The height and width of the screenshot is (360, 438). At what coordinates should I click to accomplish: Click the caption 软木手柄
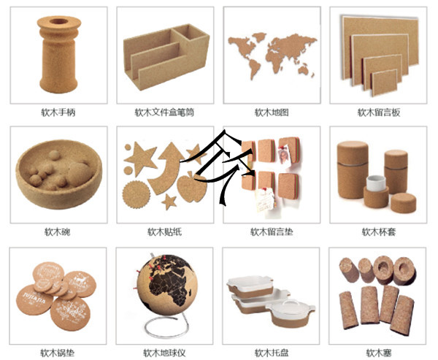pyautogui.click(x=58, y=112)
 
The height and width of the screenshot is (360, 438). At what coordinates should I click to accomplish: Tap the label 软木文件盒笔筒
pyautogui.click(x=164, y=112)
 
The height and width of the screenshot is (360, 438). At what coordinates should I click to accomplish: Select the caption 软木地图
pyautogui.click(x=272, y=112)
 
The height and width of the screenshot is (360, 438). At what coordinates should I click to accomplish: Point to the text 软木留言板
pyautogui.click(x=379, y=112)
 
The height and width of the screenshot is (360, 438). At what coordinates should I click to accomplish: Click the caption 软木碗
pyautogui.click(x=58, y=231)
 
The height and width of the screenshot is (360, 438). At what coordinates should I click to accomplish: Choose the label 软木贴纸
pyautogui.click(x=164, y=231)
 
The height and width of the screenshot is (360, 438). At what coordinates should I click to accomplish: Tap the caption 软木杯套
pyautogui.click(x=379, y=231)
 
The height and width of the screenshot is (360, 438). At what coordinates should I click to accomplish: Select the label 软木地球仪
pyautogui.click(x=164, y=353)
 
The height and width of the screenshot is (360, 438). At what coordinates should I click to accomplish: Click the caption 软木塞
pyautogui.click(x=379, y=353)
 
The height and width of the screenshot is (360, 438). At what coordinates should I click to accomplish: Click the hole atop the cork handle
pyautogui.click(x=58, y=21)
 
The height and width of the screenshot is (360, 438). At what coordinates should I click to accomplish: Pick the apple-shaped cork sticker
pyautogui.click(x=192, y=187)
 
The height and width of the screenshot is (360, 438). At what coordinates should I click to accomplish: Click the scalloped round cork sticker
pyautogui.click(x=137, y=194)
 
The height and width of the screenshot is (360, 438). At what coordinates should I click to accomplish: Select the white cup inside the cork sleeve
pyautogui.click(x=376, y=183)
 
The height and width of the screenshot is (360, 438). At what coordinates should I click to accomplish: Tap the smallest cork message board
pyautogui.click(x=385, y=83)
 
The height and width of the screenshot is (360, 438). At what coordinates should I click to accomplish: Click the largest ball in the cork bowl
pyautogui.click(x=80, y=174)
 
